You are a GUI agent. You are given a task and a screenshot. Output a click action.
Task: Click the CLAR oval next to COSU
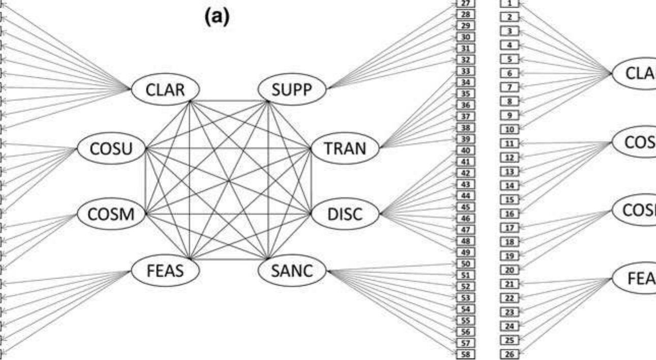(165, 90)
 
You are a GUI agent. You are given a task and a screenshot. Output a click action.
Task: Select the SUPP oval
(292, 90)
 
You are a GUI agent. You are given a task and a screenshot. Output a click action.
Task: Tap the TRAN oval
(345, 148)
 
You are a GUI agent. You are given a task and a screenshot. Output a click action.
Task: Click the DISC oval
(345, 214)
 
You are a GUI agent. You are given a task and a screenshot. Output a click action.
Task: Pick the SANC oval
(292, 272)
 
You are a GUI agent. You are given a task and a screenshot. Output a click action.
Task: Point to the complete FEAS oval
(165, 272)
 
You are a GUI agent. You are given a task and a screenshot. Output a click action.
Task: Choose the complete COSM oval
(111, 214)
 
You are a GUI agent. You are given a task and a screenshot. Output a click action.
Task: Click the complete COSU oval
(111, 148)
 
